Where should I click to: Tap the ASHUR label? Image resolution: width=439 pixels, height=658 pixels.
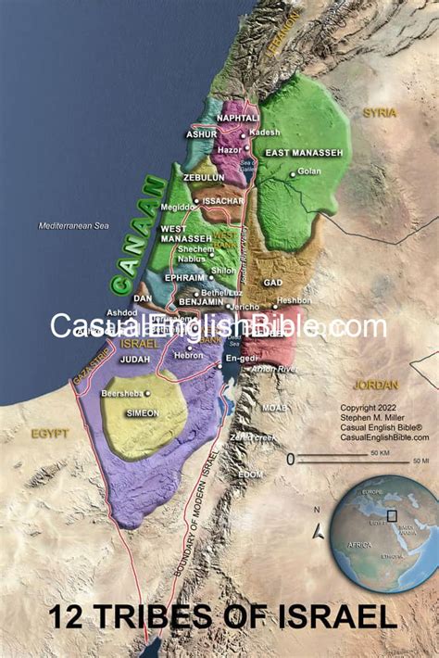[x=201, y=134]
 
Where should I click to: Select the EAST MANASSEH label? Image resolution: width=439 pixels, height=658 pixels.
[x=304, y=152]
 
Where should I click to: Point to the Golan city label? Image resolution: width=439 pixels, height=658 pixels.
[x=308, y=172]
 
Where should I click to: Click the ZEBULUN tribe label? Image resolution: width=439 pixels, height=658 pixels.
[x=204, y=177]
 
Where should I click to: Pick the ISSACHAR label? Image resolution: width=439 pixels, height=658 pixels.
[x=223, y=200]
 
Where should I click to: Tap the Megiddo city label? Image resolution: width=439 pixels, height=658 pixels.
[x=179, y=208]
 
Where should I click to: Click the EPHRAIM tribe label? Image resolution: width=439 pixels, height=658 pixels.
[x=185, y=276]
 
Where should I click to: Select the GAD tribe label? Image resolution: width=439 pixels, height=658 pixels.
[x=272, y=282]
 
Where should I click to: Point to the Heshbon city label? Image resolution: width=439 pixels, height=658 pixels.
[x=295, y=301]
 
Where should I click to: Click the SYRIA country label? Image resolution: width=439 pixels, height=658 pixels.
[x=379, y=112]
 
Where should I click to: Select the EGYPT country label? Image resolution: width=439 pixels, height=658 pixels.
[x=50, y=433]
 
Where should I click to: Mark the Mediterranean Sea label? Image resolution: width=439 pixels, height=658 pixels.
[x=73, y=226]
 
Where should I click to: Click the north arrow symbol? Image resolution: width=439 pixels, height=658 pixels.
[x=319, y=530]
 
